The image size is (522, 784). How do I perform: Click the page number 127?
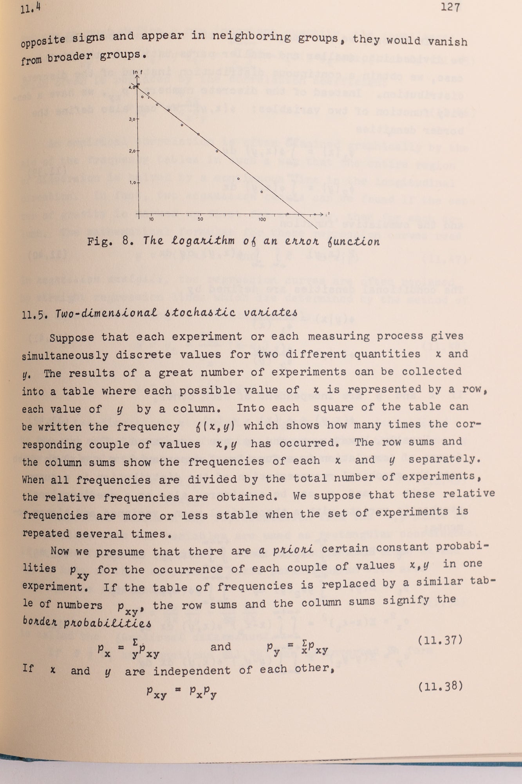coord(450,7)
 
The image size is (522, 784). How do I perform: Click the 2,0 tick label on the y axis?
coord(131,151)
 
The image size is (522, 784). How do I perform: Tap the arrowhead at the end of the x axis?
coord(322,214)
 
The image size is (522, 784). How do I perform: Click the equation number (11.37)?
coord(440,640)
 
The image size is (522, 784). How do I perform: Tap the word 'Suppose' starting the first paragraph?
coord(72,338)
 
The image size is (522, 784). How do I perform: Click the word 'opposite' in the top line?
coord(43,41)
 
